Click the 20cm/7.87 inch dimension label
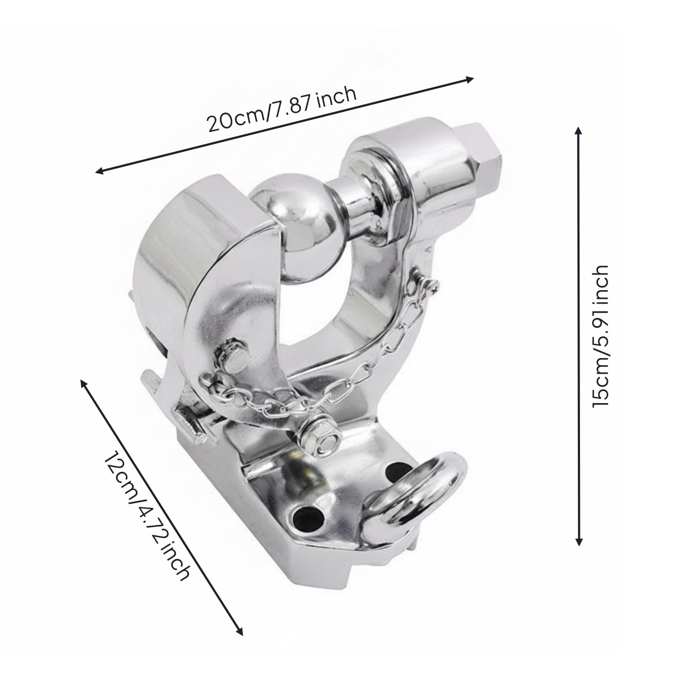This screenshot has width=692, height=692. tap(282, 111)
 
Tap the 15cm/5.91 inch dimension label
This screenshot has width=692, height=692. tap(600, 336)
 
